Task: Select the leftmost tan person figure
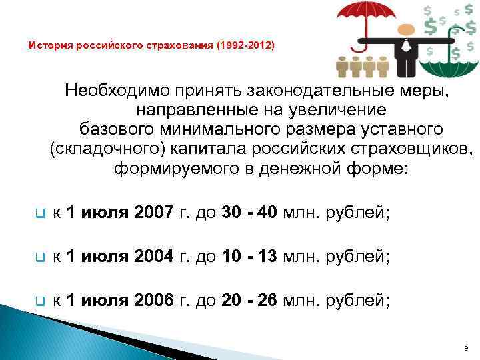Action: pos(343,67)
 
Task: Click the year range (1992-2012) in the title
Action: pos(244,47)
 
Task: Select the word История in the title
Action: pos(49,47)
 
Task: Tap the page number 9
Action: pos(464,348)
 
